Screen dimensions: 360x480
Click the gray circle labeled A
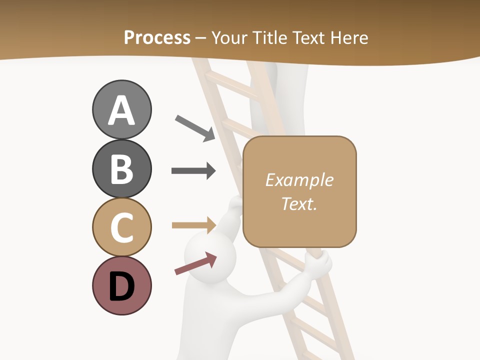coord(121,109)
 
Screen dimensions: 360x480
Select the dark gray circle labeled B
coord(121,168)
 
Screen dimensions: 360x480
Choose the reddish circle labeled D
coord(121,285)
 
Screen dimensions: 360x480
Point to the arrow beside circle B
coord(193,171)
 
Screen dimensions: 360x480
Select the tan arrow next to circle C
coord(193,225)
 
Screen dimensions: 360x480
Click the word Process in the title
coord(157,37)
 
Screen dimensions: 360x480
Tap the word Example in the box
coord(299,180)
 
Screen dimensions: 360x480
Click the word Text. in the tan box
coord(299,203)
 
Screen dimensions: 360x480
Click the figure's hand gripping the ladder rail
coord(318,263)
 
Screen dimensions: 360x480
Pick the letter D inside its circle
coord(121,286)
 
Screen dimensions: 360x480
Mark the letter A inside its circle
coord(121,110)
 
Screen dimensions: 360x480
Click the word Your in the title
coord(230,37)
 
